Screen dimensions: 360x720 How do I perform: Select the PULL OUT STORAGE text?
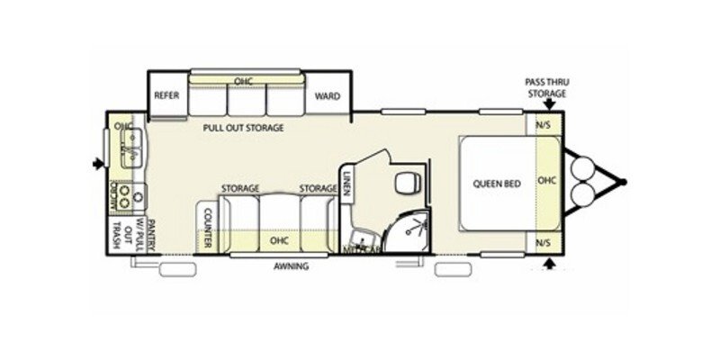coord(243,129)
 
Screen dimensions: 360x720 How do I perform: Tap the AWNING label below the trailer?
coord(292,266)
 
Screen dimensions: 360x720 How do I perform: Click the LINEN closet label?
coord(346,184)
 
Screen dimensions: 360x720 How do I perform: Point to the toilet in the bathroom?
coord(406,184)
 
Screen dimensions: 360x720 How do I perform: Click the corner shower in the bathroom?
coord(410,229)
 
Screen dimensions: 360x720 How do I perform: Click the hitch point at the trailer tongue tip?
coord(622,181)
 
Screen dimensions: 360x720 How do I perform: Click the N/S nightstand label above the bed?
coord(544,125)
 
